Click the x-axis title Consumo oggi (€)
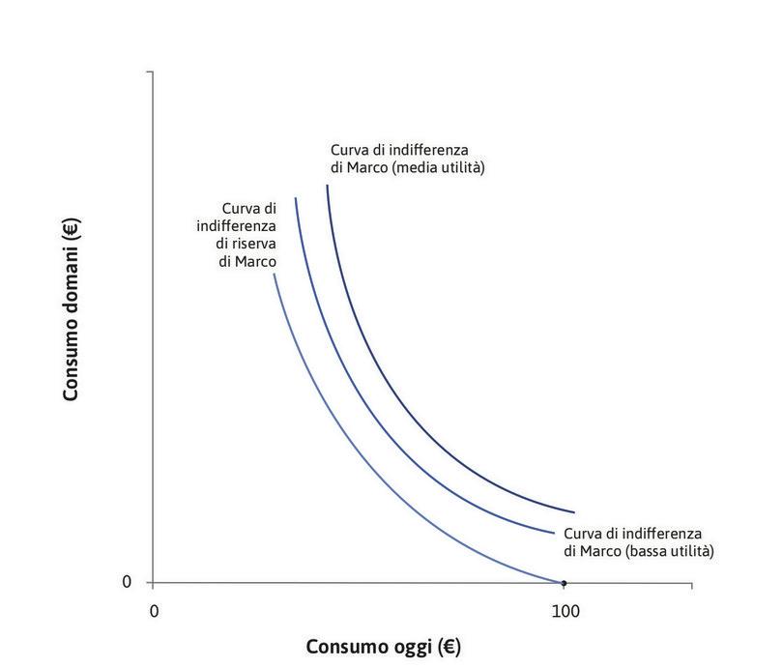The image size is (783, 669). click(384, 647)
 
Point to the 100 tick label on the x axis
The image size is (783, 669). click(565, 611)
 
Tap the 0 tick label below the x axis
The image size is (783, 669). click(154, 611)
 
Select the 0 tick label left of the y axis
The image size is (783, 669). click(127, 582)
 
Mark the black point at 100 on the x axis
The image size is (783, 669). click(565, 583)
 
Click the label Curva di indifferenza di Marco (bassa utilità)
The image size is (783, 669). click(638, 542)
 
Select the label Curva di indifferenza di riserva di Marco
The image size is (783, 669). click(237, 235)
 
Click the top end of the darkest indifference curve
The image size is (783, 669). click(328, 184)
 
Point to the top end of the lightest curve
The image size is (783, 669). click(274, 275)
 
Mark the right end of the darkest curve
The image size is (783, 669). click(574, 512)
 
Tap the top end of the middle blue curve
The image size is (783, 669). click(295, 198)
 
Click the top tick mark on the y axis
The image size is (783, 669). click(150, 73)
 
